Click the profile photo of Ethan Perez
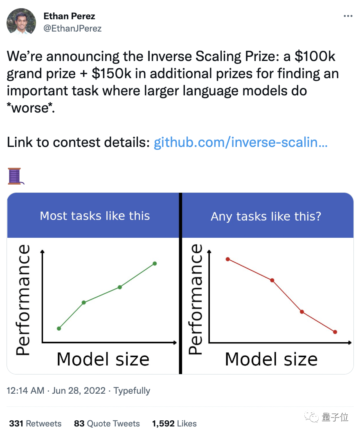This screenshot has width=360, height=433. point(21,21)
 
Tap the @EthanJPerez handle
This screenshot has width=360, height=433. point(72,28)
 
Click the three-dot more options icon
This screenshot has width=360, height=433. point(348,16)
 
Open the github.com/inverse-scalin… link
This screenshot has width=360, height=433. point(241,142)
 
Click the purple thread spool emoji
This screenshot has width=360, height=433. point(16,176)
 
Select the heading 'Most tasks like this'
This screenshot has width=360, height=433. point(94,216)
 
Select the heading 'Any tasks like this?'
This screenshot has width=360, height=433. point(266,216)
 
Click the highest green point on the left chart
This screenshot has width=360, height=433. point(155,264)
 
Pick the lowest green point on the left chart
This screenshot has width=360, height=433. point(59,328)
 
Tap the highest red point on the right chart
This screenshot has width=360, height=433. point(228,259)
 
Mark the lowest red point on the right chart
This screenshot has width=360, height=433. point(335,332)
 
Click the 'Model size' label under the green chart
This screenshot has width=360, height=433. point(103,359)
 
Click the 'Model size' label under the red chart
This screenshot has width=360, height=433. point(271,359)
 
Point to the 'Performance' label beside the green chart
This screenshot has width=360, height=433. point(23,300)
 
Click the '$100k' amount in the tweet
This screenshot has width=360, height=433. point(315,56)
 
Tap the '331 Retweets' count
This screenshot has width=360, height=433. point(35,423)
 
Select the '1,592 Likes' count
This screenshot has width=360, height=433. point(174,423)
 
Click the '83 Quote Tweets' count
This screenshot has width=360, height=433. point(107,423)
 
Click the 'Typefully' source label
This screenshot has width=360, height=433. point(132,391)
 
